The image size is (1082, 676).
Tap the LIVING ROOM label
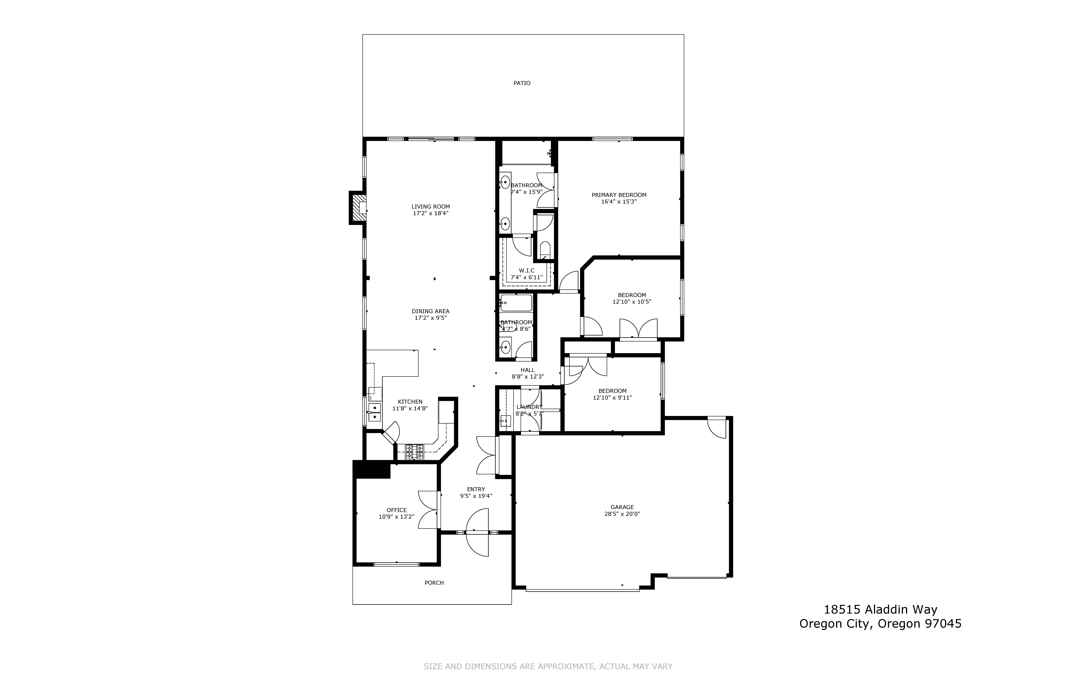tap(430, 207)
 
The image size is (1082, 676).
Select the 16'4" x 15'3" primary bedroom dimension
tap(619, 202)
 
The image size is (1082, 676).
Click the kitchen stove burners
tap(414, 452)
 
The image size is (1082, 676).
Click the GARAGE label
tap(622, 507)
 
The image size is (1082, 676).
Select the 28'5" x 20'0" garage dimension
tap(622, 514)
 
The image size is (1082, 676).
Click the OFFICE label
tap(396, 510)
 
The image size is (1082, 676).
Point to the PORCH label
tap(434, 583)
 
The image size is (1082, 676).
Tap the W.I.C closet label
tap(526, 271)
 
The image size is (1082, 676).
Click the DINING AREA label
tap(430, 311)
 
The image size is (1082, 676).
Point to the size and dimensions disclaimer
tap(548, 666)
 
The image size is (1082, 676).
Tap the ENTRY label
tap(476, 489)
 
